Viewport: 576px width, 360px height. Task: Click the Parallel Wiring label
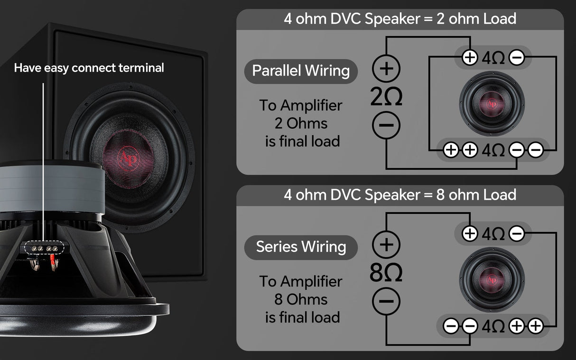click(301, 71)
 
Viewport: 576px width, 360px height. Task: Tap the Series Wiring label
click(301, 247)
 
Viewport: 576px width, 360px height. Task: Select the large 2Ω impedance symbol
click(386, 96)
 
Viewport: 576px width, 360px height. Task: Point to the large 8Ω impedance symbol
click(386, 272)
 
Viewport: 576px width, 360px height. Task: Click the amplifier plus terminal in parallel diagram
click(386, 68)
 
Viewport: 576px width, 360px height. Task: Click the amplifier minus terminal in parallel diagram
click(386, 125)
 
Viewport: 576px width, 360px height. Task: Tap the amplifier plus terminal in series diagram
click(386, 244)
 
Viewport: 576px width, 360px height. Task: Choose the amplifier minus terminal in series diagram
click(386, 301)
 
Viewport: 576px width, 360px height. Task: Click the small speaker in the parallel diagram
click(492, 103)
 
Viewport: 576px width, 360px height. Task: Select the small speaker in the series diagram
click(492, 280)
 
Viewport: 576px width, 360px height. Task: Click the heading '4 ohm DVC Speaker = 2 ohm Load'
click(400, 19)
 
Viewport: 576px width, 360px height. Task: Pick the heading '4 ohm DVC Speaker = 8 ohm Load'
click(400, 194)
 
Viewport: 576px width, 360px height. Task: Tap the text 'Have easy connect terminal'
click(89, 68)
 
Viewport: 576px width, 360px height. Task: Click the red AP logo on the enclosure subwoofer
click(129, 158)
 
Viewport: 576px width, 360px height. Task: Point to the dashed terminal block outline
click(44, 248)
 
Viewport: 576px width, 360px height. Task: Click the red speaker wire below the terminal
click(53, 261)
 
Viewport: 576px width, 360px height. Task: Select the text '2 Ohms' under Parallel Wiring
click(301, 123)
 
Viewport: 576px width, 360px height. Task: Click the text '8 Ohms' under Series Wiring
click(301, 299)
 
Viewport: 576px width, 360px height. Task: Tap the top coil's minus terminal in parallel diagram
click(517, 57)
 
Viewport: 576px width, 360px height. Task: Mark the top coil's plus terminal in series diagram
click(470, 233)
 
